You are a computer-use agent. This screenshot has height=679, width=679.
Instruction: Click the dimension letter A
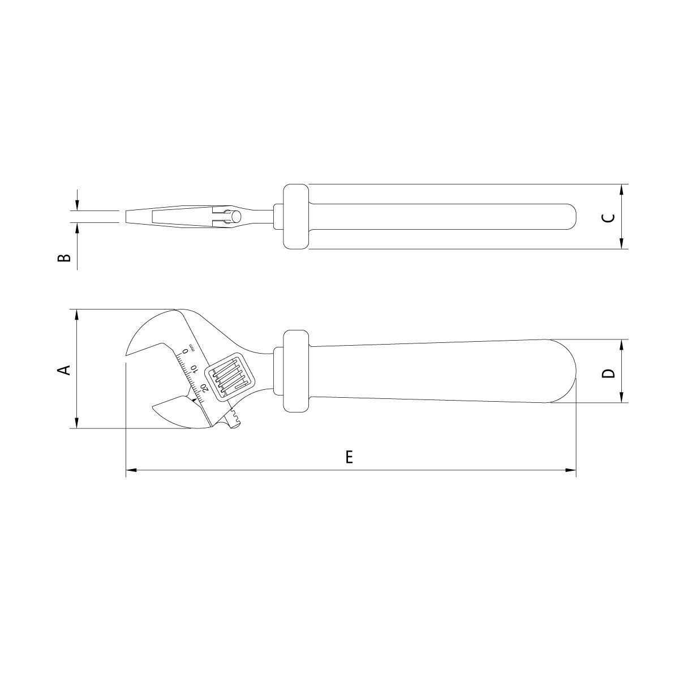[x=64, y=370]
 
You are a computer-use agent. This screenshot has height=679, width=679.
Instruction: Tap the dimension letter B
[x=64, y=258]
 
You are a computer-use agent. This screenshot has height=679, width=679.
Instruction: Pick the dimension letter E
[x=349, y=457]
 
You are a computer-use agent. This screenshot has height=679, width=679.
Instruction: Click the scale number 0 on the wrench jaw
[x=186, y=351]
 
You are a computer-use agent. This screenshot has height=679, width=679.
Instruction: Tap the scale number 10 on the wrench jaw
[x=194, y=369]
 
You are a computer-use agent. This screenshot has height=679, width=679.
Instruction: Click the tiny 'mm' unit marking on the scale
[x=191, y=346]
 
